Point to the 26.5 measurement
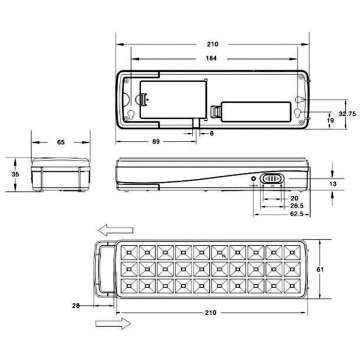click(269, 205)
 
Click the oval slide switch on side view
click(273, 181)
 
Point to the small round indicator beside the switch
click(255, 181)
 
